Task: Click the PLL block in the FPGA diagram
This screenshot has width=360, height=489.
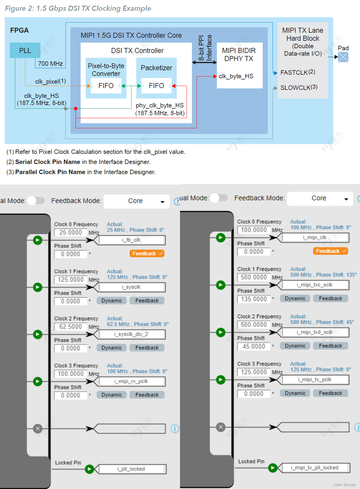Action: coord(25,50)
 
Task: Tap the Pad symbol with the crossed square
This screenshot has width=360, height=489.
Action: coord(343,57)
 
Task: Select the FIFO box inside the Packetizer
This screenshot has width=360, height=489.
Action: coord(156,86)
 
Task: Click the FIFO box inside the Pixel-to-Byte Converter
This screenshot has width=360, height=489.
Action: coord(106,86)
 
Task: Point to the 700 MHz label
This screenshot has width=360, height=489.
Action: coord(50,63)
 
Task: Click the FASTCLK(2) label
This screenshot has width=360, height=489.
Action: coord(298,72)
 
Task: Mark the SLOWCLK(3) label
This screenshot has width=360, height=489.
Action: coord(299,88)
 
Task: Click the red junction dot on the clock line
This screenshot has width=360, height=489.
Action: coord(76,109)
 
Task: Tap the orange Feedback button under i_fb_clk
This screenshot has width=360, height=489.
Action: coord(147,254)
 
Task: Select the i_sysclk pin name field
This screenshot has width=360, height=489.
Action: coord(131,287)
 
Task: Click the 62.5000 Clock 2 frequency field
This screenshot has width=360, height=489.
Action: coord(71,326)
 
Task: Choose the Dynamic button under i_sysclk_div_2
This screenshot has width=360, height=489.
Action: coord(112,348)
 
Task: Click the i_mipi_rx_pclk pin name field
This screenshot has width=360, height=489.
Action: coord(131,381)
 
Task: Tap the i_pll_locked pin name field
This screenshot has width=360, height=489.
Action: coord(131,469)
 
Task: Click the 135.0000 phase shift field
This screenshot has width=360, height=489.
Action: coord(254,299)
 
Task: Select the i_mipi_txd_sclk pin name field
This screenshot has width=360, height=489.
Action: coord(314,332)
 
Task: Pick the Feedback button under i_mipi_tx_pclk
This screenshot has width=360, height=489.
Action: coord(331,393)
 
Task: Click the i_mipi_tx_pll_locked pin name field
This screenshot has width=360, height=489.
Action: coord(315,468)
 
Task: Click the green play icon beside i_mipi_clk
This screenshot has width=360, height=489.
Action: coord(220,238)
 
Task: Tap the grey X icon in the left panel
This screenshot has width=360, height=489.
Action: coord(38,429)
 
